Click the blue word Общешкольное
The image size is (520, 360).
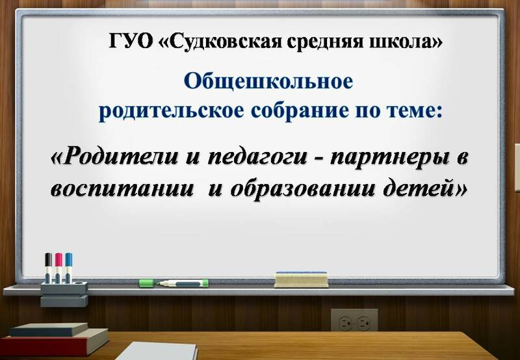268,81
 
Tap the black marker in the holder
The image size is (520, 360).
48,268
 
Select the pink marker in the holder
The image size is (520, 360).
58,268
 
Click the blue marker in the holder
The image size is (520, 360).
68,268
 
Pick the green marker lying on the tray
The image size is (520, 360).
174,283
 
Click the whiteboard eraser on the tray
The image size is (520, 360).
301,279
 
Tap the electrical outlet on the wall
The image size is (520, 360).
354,320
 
